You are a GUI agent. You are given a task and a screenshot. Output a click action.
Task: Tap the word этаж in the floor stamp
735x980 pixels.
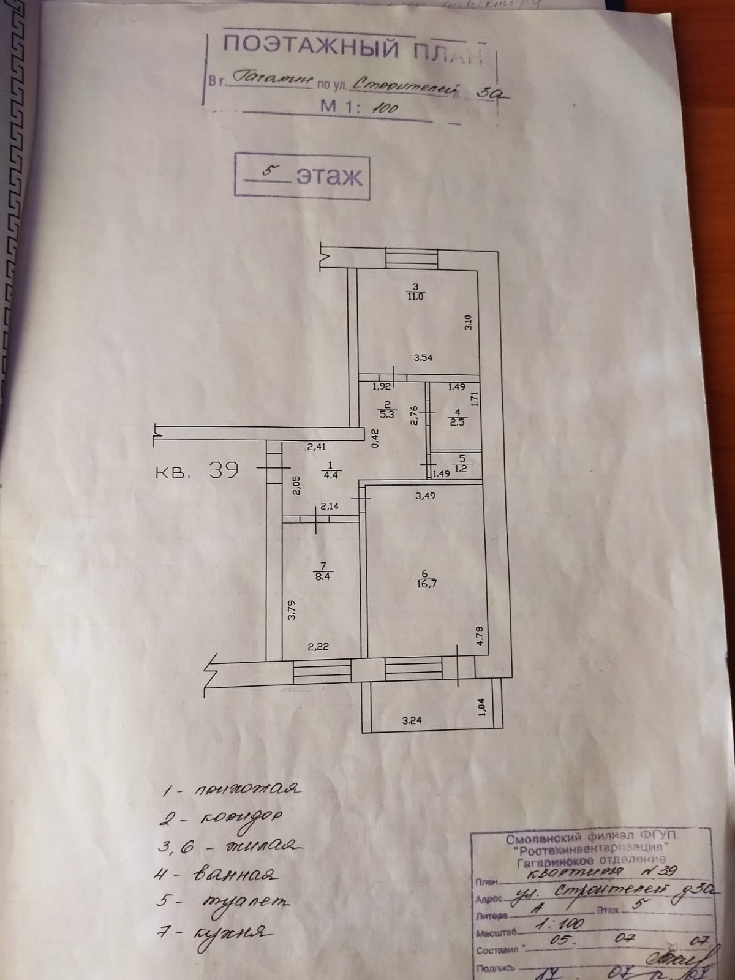pos(329,176)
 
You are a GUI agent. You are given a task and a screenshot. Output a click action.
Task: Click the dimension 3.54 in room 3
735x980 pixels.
pos(423,358)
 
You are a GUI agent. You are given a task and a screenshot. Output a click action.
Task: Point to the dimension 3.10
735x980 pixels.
pos(468,323)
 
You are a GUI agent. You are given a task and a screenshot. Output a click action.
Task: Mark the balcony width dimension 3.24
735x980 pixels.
pos(412,720)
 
